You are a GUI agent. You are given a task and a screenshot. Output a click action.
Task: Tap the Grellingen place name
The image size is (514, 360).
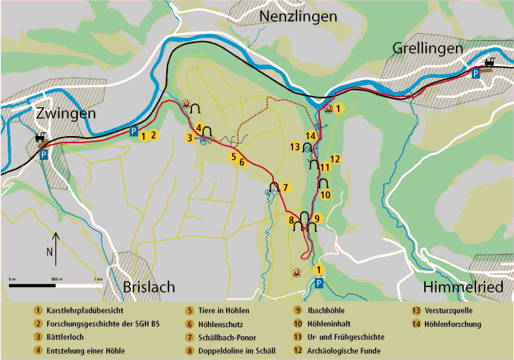pos(428,48)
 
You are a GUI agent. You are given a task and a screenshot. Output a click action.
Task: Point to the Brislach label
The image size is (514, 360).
pos(149,287)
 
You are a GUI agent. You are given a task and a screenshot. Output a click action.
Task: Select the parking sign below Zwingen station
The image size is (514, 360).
pos(43,155)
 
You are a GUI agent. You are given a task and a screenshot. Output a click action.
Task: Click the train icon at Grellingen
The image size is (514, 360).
pos(489,63)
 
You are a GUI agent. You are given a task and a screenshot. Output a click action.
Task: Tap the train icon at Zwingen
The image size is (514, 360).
pos(40,138)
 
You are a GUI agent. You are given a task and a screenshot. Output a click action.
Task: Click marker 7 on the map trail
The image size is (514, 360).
pos(285,187)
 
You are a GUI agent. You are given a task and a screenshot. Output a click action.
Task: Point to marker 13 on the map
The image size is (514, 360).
pos(296,147)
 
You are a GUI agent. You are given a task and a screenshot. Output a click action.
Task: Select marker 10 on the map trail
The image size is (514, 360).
pos(325,194)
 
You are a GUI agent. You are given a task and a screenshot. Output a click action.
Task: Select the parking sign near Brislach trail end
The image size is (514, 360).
pos(319,283)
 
